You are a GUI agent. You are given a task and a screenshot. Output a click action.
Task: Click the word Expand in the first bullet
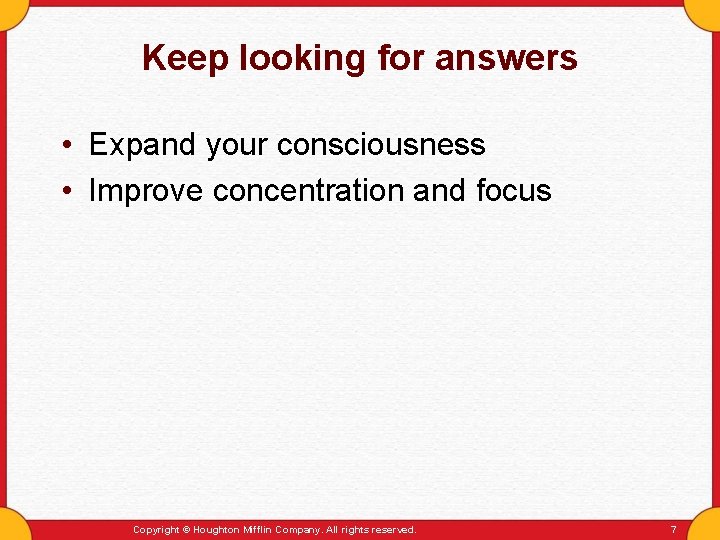point(142,146)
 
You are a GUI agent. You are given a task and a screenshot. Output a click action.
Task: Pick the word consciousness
point(381,145)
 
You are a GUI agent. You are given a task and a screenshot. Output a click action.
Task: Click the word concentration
point(308,191)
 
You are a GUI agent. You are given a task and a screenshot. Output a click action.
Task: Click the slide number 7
point(673,529)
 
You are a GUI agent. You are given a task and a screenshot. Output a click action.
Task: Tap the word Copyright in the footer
point(156,529)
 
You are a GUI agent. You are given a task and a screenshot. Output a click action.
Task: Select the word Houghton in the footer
point(215,529)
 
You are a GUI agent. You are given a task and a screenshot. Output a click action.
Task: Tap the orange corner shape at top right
point(707,10)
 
